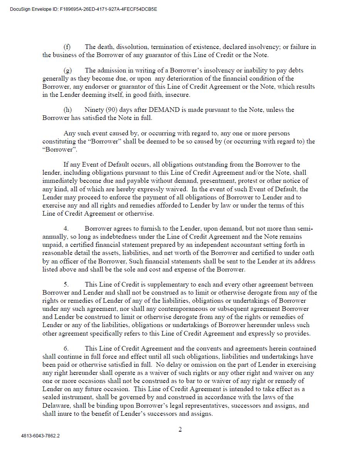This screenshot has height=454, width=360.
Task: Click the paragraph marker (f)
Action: (67, 47)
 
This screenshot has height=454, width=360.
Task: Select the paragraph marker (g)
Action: (67, 70)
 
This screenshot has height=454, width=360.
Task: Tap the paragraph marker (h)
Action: (67, 110)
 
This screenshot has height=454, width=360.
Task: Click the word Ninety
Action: (94, 110)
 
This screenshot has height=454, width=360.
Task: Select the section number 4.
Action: (66, 228)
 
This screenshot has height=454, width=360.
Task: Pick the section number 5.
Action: (66, 284)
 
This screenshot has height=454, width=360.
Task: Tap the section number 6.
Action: (66, 348)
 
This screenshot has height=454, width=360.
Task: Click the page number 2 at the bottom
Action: (180, 430)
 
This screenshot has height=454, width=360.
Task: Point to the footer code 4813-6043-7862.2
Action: (40, 436)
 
